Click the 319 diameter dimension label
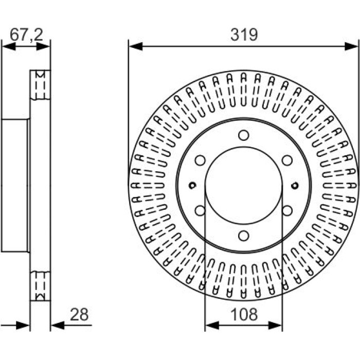click(x=244, y=35)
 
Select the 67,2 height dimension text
click(x=26, y=35)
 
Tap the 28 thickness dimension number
click(x=79, y=315)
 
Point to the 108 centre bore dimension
click(x=244, y=315)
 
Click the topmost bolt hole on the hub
click(x=244, y=135)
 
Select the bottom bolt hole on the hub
click(x=244, y=236)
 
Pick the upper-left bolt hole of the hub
click(x=200, y=160)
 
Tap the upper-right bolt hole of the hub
click(x=287, y=160)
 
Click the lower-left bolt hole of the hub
click(x=200, y=210)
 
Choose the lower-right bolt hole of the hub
click(x=287, y=210)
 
